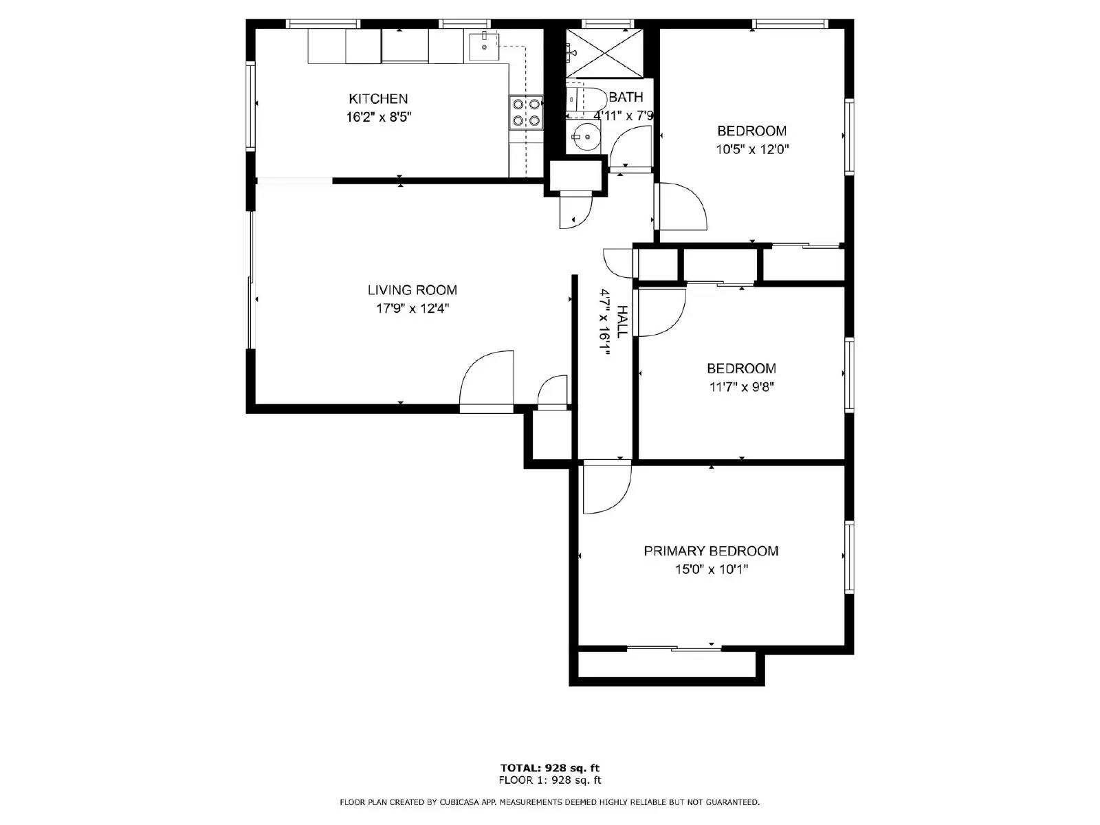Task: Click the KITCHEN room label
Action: (378, 99)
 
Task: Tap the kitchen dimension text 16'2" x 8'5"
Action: (378, 117)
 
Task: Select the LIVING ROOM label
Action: (412, 290)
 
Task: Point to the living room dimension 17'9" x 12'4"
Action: (412, 309)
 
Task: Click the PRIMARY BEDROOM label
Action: (711, 551)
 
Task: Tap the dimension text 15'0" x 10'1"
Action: (711, 569)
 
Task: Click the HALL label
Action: (621, 321)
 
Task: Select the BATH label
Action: (626, 97)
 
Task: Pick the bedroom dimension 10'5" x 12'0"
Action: (751, 149)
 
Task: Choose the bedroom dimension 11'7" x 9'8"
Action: (742, 387)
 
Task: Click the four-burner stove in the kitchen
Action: (526, 112)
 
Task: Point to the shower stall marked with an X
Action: (604, 53)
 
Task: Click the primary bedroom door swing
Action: (607, 489)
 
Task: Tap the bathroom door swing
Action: (630, 149)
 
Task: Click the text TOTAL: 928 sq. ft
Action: (550, 768)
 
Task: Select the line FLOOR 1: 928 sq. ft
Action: (550, 780)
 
